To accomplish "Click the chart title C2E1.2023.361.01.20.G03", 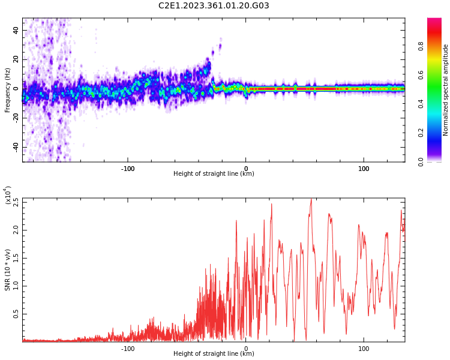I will pos(214,6).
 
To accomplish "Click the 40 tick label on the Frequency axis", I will pos(16,30).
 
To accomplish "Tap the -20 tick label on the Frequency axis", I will pos(14,118).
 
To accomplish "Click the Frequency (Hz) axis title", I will pos(8,90).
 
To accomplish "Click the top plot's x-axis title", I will pos(214,174).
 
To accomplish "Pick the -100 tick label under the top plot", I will pos(128,169).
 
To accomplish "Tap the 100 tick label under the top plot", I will pos(364,169).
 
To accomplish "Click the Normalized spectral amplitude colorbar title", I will pos(446,90).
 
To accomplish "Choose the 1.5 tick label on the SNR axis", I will pos(16,258).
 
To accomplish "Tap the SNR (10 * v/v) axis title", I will pos(8,270).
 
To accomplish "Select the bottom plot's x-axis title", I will pos(214,354).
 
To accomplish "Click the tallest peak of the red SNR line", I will pos(311,199).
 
